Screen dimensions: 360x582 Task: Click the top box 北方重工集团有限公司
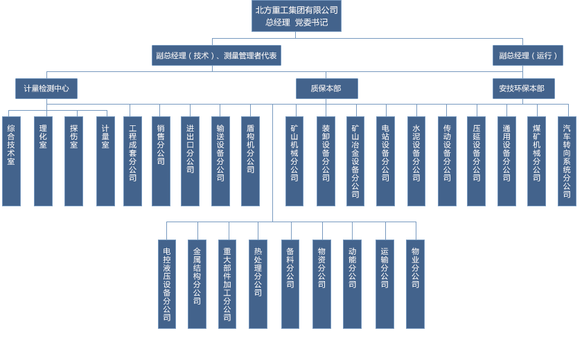click(297, 16)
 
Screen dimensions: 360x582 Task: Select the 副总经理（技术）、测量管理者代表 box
click(216, 55)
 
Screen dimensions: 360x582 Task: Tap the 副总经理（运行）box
click(527, 55)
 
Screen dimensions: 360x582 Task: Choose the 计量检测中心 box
click(46, 89)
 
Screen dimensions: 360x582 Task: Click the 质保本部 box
click(326, 89)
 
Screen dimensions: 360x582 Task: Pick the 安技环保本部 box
click(523, 89)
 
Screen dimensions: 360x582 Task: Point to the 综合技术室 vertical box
click(11, 161)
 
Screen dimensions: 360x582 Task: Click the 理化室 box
click(43, 161)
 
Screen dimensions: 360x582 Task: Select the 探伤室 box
click(73, 161)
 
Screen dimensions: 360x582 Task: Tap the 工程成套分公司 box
click(132, 161)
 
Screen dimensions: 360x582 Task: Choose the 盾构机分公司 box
click(250, 161)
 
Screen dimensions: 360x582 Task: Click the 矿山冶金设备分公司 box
click(355, 161)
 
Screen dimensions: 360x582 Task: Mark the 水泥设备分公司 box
click(416, 161)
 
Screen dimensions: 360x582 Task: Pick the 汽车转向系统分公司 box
click(567, 161)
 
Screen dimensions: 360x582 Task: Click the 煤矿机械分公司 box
click(536, 161)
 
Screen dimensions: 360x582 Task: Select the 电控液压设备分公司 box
click(167, 284)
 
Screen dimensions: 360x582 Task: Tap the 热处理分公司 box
click(258, 284)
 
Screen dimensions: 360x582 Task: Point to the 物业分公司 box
click(415, 284)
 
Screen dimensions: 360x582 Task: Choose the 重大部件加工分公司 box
click(227, 284)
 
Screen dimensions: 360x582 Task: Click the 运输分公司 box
click(385, 284)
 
